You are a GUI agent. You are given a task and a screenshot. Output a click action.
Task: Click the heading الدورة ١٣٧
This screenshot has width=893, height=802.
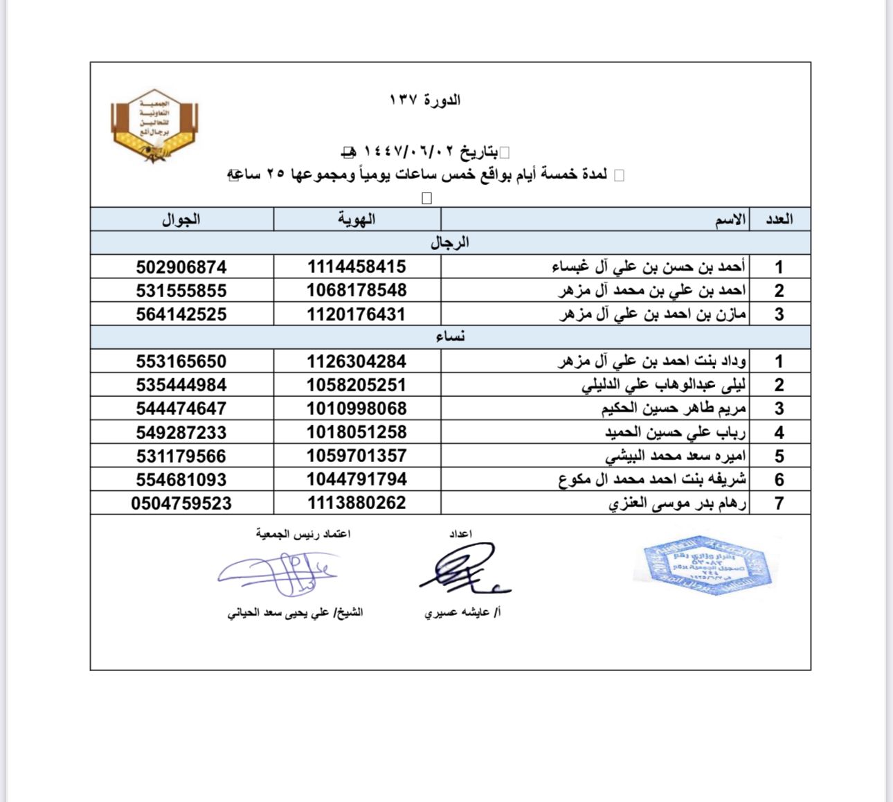(x=425, y=100)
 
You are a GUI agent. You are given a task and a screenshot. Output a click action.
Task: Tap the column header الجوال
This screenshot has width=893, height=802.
(x=181, y=220)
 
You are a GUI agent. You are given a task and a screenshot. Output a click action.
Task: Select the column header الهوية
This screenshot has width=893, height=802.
(x=357, y=220)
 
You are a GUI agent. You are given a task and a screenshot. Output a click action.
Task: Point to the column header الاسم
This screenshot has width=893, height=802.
(x=730, y=220)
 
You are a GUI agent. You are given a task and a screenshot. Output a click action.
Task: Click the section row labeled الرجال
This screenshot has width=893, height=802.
(x=450, y=243)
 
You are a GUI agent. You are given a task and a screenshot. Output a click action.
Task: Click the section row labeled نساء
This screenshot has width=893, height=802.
(x=450, y=337)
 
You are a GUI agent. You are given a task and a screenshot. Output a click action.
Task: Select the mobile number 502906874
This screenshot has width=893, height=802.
(x=181, y=267)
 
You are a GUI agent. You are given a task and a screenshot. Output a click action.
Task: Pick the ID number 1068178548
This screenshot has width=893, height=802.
(x=357, y=290)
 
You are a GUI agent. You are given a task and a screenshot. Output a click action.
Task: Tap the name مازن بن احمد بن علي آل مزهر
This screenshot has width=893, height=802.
(x=652, y=314)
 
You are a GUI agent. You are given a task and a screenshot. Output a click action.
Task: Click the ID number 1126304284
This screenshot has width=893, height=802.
(x=357, y=362)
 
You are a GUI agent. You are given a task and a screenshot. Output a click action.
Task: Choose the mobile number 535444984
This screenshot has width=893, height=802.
(x=181, y=385)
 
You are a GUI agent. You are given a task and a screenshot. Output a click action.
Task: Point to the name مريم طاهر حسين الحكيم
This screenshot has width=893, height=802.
(x=674, y=409)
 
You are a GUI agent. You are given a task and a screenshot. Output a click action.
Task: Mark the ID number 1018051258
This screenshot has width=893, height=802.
(x=357, y=432)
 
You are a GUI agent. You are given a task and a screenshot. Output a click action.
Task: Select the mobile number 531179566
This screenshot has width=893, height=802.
(x=181, y=456)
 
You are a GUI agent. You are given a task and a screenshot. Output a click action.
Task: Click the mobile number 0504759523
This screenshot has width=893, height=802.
(x=181, y=504)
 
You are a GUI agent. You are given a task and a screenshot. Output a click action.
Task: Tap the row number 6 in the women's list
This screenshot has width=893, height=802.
(x=779, y=480)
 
